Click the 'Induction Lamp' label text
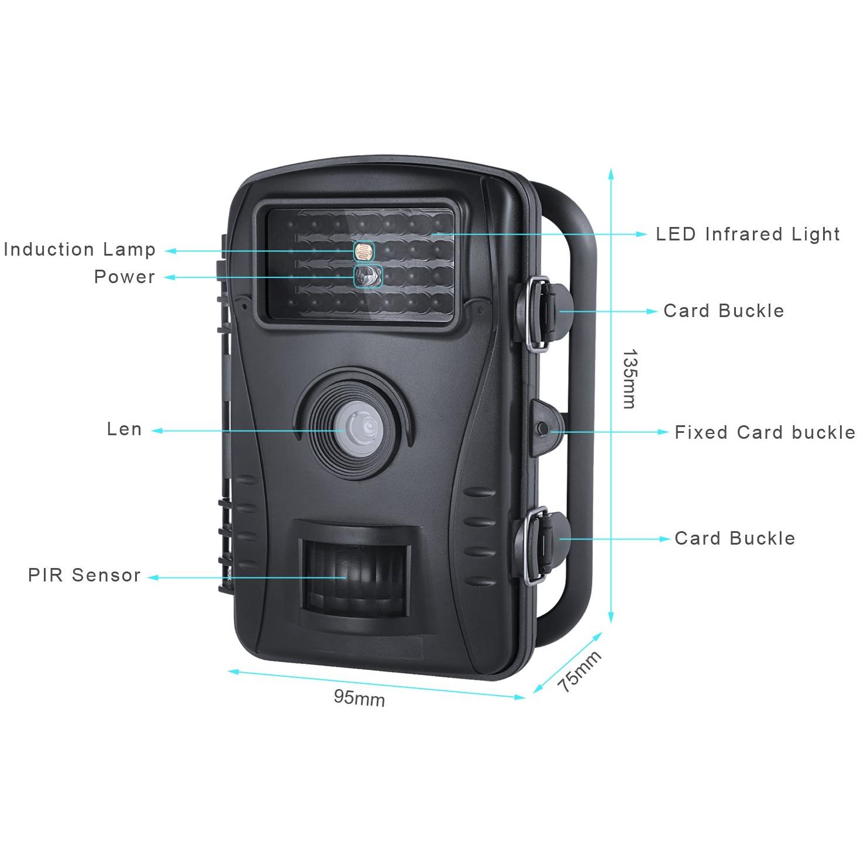(x=80, y=250)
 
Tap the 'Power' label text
(x=125, y=277)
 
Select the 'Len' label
(x=125, y=429)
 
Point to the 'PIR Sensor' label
(x=84, y=575)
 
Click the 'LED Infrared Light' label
(x=748, y=234)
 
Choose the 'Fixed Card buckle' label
(x=765, y=432)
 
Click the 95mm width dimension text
(x=359, y=698)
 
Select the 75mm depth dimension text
(x=579, y=672)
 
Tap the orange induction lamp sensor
(x=364, y=252)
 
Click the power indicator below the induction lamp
(x=368, y=276)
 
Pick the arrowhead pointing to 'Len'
(x=157, y=431)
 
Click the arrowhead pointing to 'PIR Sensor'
(x=153, y=578)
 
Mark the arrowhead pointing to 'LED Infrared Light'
(x=641, y=234)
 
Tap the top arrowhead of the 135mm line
(x=611, y=174)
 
